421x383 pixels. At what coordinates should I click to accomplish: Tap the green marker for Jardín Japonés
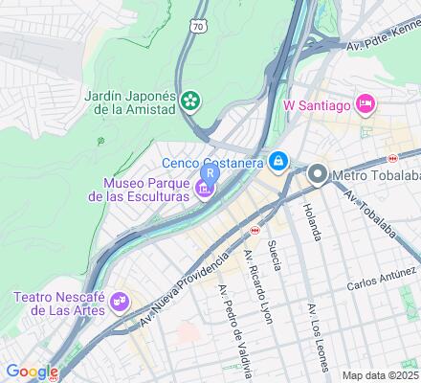[x=193, y=100]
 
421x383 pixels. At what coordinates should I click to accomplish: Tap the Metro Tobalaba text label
[x=376, y=175]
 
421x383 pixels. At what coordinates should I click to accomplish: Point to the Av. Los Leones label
[x=317, y=336]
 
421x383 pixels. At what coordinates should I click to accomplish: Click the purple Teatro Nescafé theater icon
[x=120, y=301]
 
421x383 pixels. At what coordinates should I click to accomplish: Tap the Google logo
[x=32, y=372]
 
